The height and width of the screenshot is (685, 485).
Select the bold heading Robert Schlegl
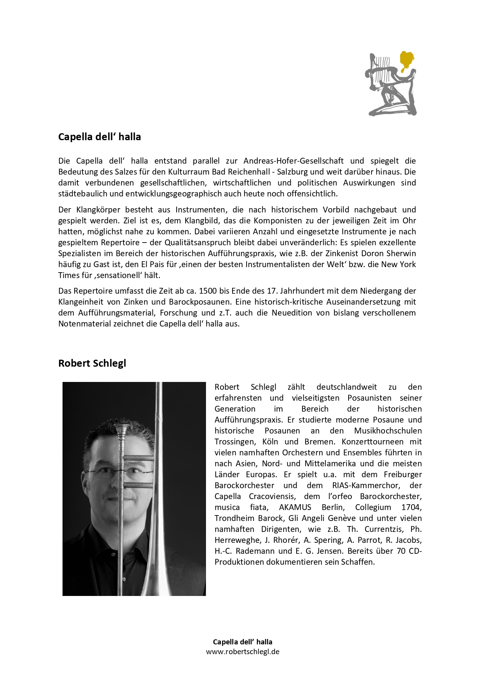(x=92, y=363)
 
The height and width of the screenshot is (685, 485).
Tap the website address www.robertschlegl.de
(x=242, y=651)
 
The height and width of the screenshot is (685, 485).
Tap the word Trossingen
(x=235, y=442)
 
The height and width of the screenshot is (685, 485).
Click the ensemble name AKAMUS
(x=295, y=507)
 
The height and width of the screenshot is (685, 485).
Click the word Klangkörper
(x=98, y=210)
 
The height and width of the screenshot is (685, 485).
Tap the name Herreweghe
(x=237, y=540)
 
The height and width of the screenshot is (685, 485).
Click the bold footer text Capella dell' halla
(x=242, y=642)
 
